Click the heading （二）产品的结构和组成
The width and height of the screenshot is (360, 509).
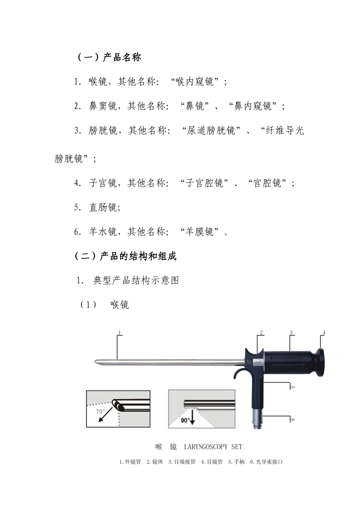(125, 256)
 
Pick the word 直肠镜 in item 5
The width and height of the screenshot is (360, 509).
(103, 208)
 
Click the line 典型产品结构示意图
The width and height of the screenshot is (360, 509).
(136, 281)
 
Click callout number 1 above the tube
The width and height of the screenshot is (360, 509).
(119, 333)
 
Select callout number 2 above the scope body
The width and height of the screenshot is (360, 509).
(261, 333)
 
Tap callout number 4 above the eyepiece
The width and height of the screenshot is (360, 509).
(324, 333)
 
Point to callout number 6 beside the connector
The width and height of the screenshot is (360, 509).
(292, 419)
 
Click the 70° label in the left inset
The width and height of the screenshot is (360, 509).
(100, 411)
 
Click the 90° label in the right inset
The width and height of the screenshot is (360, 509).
(185, 420)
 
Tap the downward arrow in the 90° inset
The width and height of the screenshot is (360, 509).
(192, 416)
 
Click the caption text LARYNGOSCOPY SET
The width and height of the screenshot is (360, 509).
(213, 447)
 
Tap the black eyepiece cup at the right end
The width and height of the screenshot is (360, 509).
(320, 362)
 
